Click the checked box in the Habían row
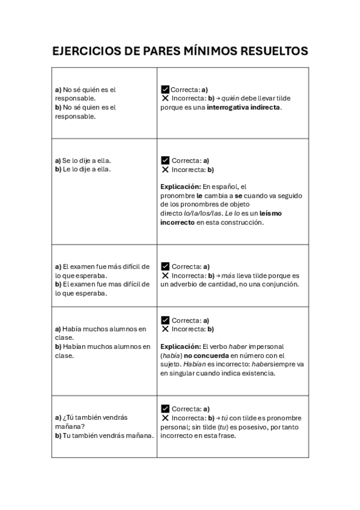coord(165,320)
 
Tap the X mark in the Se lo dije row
coord(165,170)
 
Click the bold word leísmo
coord(270,213)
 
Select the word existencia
coord(254,373)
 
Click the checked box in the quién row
coord(165,90)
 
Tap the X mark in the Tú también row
coord(165,417)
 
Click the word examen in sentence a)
coord(82,266)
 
